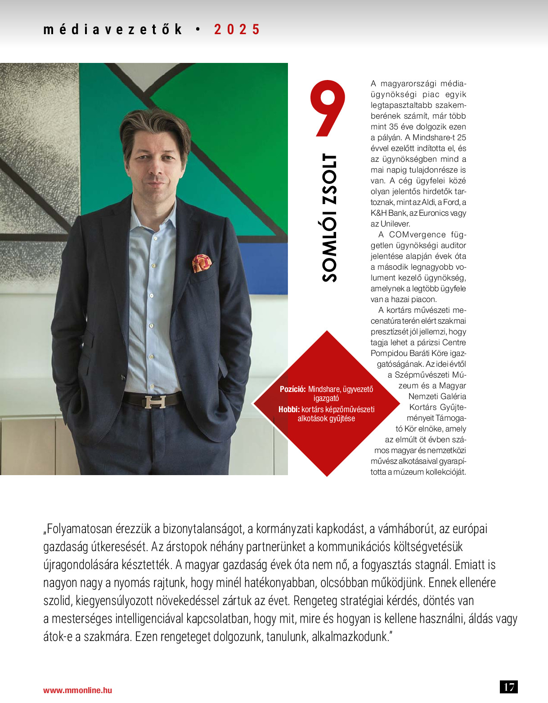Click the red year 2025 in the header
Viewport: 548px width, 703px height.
(x=237, y=30)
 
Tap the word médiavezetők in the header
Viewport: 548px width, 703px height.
(x=112, y=30)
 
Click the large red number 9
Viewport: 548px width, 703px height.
(x=327, y=108)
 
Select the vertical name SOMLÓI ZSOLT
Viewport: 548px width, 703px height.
(x=329, y=218)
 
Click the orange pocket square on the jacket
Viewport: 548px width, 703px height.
(x=202, y=263)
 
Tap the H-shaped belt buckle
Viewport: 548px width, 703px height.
(x=155, y=401)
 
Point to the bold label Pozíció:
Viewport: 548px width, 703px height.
(x=293, y=389)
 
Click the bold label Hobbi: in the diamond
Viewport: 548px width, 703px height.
(x=289, y=409)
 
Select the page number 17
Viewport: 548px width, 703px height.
(x=509, y=687)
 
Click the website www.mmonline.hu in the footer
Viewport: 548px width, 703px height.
(x=77, y=690)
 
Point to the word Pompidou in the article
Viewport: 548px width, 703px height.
(x=389, y=353)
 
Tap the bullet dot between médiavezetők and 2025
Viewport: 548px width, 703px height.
(x=198, y=30)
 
